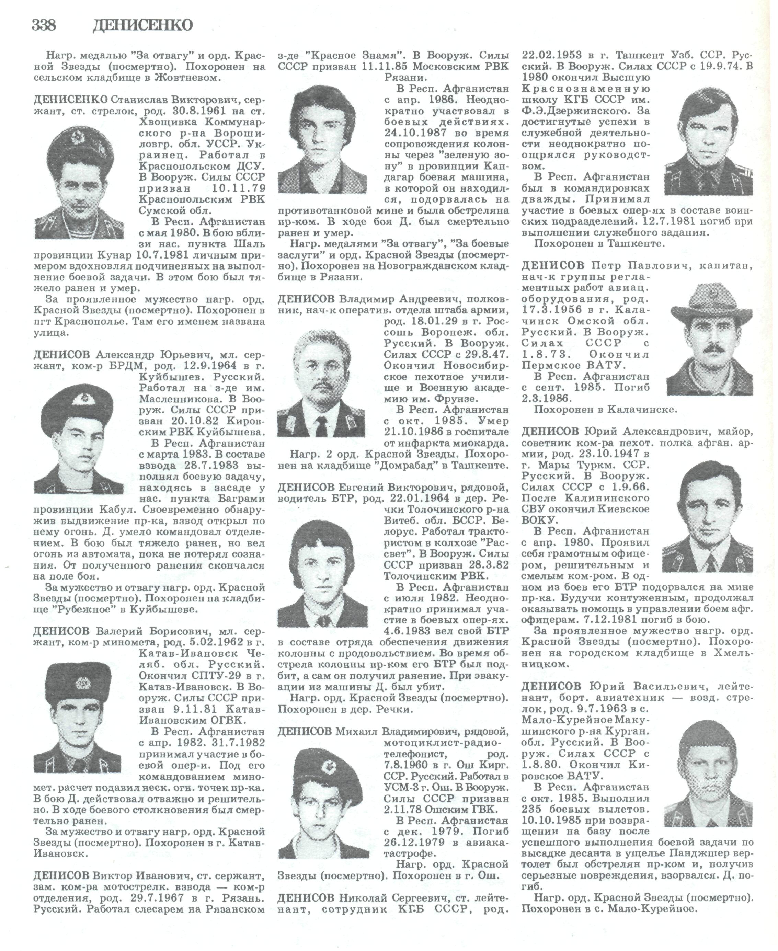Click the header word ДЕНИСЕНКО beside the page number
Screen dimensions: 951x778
(x=142, y=25)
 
